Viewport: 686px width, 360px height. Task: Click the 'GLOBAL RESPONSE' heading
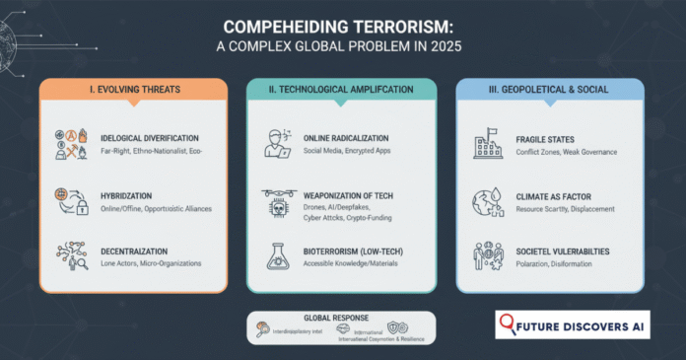click(342, 319)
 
